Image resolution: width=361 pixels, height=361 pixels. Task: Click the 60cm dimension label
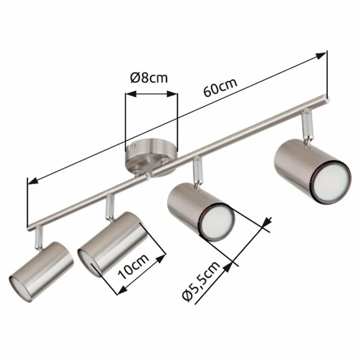[x=220, y=86]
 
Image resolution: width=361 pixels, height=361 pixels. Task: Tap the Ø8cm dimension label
[x=149, y=78]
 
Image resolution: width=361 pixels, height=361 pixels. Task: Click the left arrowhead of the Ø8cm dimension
[x=129, y=95]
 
